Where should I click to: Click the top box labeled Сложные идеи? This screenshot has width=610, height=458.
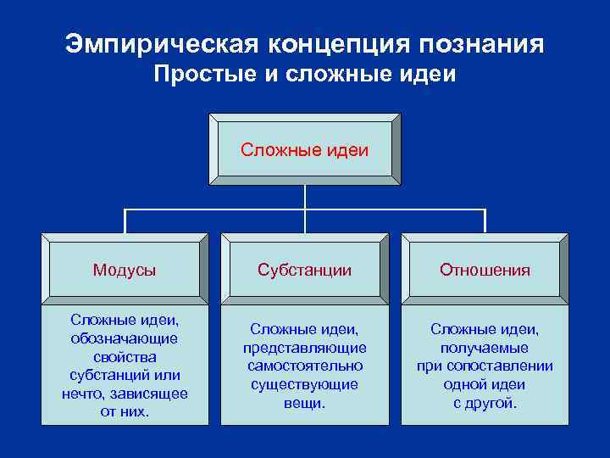(304, 149)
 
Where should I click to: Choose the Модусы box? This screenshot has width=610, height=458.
(125, 270)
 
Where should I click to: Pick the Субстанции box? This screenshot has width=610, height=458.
(304, 270)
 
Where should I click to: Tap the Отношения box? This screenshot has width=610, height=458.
(485, 270)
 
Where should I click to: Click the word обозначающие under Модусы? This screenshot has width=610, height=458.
(125, 338)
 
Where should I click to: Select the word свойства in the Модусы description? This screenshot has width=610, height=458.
(125, 357)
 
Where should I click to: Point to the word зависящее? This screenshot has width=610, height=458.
(153, 394)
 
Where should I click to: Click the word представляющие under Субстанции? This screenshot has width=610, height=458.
(304, 348)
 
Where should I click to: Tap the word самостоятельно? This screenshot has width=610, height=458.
(304, 366)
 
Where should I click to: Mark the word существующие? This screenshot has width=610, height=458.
(304, 384)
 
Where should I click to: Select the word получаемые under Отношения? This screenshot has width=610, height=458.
(485, 348)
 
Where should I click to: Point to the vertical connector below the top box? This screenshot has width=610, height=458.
(304, 196)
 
